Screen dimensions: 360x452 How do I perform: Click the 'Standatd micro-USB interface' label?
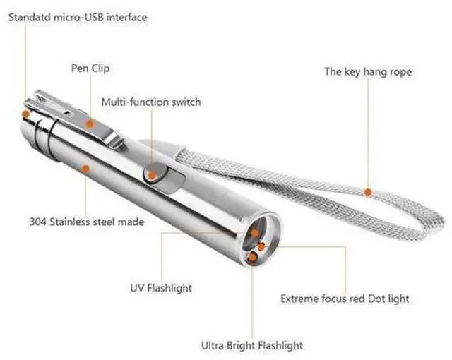pos(78,16)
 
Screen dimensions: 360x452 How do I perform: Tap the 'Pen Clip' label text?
pos(90,68)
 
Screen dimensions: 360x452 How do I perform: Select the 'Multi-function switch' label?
pos(150,102)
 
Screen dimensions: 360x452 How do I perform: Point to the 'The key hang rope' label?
pos(367,71)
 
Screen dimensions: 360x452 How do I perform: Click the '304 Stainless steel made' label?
pos(87,222)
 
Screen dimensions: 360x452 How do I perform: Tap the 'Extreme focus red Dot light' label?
pos(345,299)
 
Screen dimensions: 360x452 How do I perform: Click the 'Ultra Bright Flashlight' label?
pos(251,345)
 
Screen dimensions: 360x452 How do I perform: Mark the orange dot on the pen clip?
pos(90,123)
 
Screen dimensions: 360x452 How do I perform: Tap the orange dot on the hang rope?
pos(367,191)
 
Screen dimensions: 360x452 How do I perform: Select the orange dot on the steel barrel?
pos(85,169)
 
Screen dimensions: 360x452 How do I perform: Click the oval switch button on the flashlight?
pos(153,174)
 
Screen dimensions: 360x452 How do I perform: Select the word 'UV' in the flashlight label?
pos(137,288)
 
